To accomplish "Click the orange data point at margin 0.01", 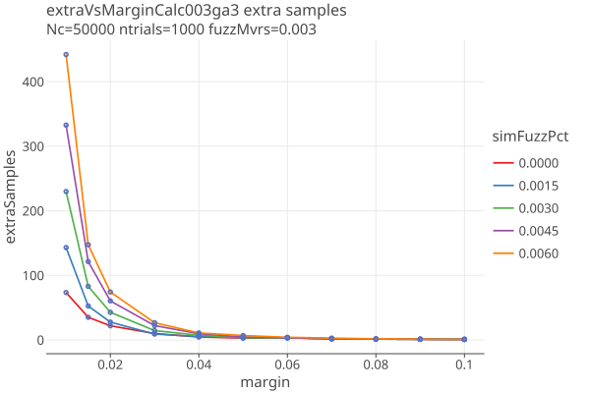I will point(66,55).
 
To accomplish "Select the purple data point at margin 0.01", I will point(66,125).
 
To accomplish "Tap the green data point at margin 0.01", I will point(66,192).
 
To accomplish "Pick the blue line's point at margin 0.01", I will point(66,248).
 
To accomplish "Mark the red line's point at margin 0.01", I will point(66,293).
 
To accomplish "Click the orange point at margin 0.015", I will point(88,245).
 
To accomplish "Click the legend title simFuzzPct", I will point(530,137).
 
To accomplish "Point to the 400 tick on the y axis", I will point(33,82).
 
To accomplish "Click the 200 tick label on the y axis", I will point(33,211).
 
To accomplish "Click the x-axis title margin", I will point(265,381).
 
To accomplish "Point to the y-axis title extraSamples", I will point(13,197).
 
